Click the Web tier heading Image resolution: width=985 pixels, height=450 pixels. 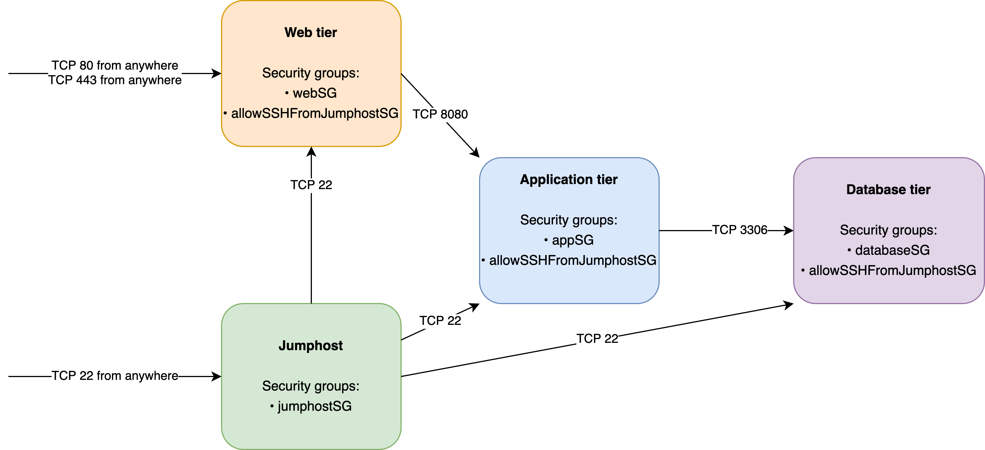310,33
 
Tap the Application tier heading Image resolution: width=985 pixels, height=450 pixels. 569,179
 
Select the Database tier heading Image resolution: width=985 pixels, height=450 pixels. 888,190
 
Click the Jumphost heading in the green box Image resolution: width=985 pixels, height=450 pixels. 310,346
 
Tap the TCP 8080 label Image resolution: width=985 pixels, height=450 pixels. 440,114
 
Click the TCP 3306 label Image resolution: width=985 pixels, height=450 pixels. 740,230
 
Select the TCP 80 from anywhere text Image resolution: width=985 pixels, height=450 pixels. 115,65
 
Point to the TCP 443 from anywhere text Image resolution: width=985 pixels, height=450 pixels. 115,80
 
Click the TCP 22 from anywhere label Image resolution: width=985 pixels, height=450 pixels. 115,376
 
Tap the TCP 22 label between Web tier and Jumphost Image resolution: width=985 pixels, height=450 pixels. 311,185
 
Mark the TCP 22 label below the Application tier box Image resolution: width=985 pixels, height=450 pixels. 597,339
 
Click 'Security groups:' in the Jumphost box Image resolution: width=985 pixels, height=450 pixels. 310,386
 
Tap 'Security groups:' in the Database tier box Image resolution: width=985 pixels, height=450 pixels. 888,230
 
